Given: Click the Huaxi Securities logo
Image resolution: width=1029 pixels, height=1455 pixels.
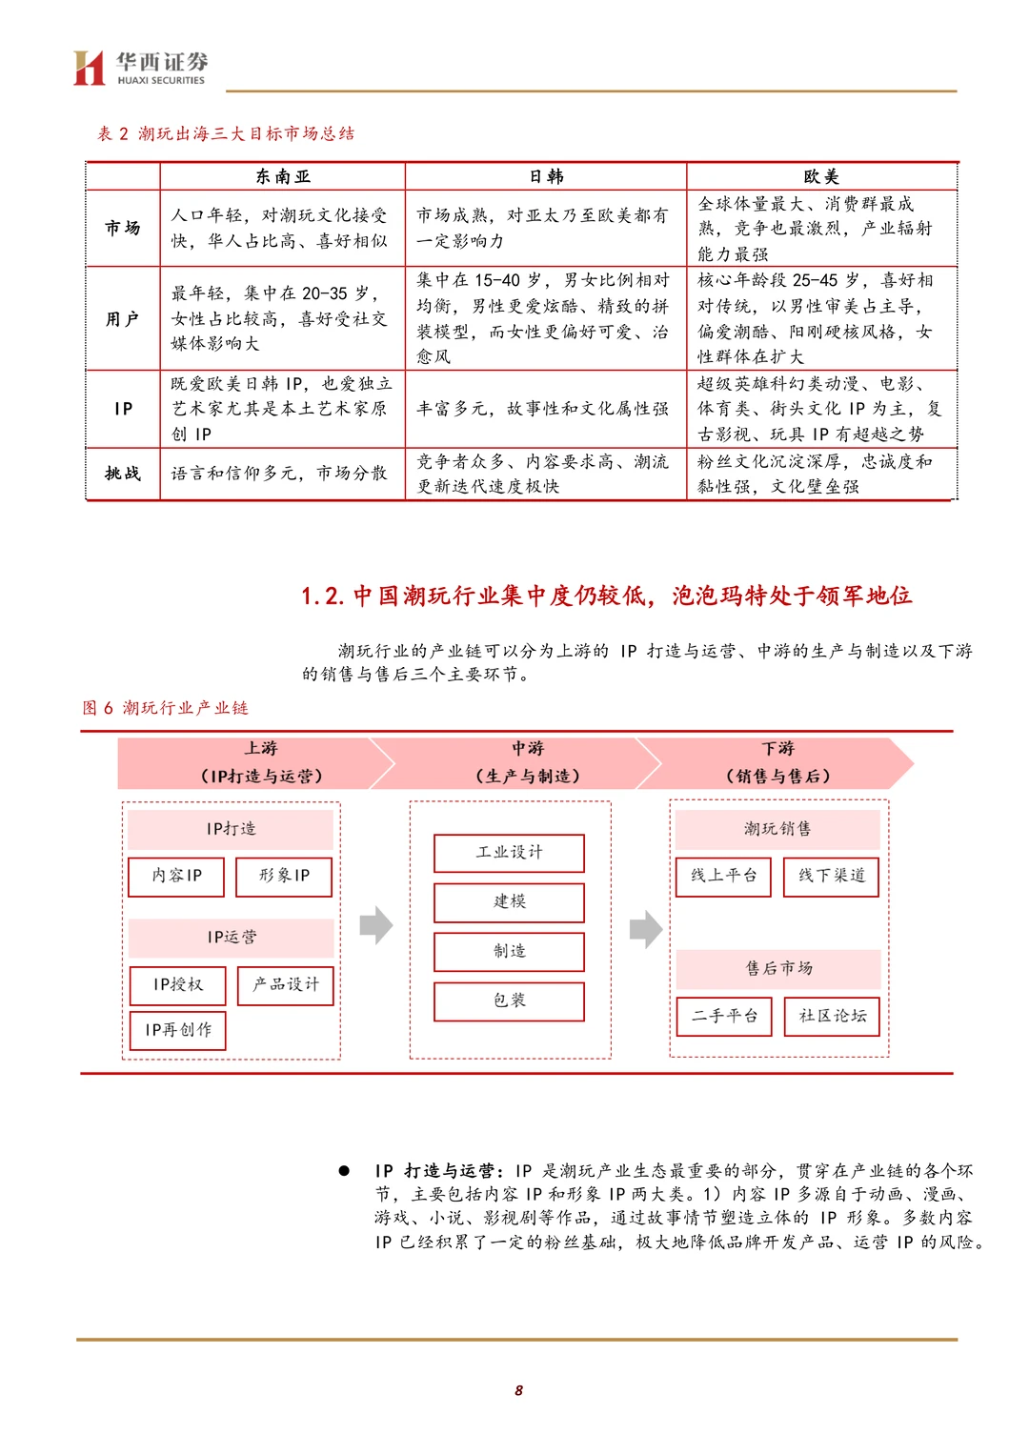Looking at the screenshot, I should (x=140, y=68).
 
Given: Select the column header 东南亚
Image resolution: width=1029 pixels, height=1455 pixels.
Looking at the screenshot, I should (x=282, y=176).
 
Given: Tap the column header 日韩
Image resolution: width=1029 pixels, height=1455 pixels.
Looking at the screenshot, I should (x=546, y=176).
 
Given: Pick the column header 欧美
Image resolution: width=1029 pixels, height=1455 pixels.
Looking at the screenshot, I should (x=820, y=176).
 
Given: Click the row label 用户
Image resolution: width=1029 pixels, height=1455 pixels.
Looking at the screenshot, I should (x=123, y=318).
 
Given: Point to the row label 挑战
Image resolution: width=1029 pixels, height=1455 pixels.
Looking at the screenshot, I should (x=123, y=474).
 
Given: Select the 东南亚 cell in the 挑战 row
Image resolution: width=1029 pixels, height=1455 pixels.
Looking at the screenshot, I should (x=281, y=474).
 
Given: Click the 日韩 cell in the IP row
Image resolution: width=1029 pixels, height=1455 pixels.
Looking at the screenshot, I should (x=543, y=409).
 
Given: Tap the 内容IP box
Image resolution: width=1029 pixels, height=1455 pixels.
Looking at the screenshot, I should (x=176, y=877).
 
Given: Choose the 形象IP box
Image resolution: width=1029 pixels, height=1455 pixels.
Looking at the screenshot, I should (x=284, y=877).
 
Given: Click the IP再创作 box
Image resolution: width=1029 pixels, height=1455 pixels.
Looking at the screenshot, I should (x=178, y=1030).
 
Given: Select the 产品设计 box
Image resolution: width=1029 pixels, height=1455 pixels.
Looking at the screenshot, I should (x=285, y=985).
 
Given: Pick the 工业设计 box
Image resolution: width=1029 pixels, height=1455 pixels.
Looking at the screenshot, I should (x=509, y=853).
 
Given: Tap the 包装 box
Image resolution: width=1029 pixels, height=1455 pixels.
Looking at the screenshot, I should (x=509, y=1001).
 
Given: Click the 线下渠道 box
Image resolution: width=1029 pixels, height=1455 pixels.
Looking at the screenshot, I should (x=831, y=877).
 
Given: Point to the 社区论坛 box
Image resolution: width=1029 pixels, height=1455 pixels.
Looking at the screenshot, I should (x=832, y=1017).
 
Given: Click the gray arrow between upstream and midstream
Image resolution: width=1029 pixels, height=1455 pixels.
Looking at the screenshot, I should (x=376, y=925).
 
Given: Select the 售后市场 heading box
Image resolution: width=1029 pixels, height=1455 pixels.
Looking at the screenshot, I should (x=778, y=969).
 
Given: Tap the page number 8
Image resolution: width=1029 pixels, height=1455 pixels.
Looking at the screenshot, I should (x=518, y=1390).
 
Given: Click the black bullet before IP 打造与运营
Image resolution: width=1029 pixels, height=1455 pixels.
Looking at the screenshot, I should (x=344, y=1171).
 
